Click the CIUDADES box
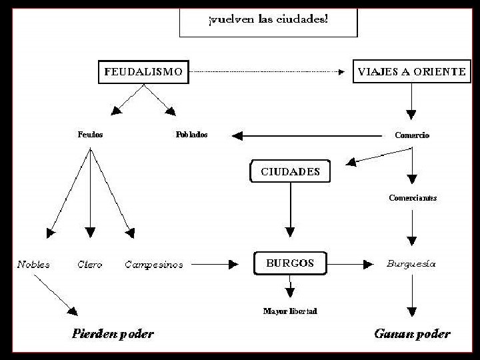[290, 172]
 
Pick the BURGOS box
[290, 263]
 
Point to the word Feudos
[90, 135]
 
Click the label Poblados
[191, 135]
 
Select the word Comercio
[412, 135]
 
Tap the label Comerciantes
[413, 198]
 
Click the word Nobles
[33, 265]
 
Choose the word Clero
[90, 265]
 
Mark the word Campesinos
[154, 265]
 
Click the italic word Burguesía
[411, 264]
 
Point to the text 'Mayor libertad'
[290, 311]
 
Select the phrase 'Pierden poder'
[113, 334]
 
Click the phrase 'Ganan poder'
[411, 334]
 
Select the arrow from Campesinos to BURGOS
[213, 265]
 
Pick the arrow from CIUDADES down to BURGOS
[290, 210]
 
